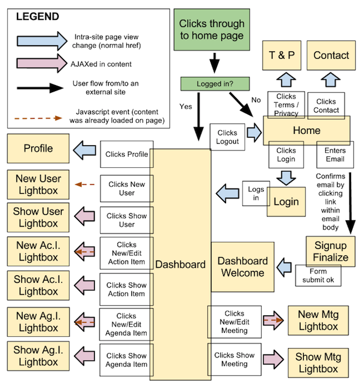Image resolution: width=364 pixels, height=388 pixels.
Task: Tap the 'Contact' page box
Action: [331, 56]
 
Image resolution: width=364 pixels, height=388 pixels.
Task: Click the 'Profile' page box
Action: [38, 149]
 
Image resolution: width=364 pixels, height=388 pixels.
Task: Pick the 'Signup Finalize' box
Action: [331, 251]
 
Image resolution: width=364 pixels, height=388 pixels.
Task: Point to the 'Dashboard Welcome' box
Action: [242, 266]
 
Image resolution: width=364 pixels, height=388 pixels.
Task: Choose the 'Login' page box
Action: [287, 202]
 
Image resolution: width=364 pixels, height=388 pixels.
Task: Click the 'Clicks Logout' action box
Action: [227, 137]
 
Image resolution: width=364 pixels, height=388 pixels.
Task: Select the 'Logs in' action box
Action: [255, 193]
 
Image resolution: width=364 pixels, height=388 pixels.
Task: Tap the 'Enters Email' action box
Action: [335, 154]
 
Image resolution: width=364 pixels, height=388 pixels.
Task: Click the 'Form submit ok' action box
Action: [318, 275]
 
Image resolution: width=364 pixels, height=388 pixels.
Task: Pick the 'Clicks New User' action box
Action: [126, 188]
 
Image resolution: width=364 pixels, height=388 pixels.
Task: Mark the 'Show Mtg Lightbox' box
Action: [317, 363]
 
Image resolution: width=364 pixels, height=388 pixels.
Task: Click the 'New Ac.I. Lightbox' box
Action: [38, 251]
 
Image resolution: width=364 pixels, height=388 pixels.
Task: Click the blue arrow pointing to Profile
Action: [86, 149]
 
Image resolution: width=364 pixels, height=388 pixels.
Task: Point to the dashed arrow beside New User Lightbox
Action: [86, 184]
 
